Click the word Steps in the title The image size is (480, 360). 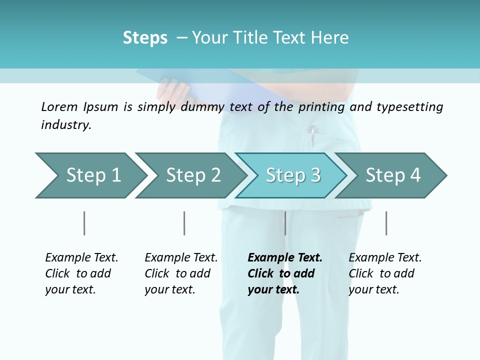point(145,38)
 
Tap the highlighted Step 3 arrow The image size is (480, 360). point(292,175)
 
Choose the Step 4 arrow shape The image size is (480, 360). point(393,175)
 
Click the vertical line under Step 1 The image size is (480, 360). point(84,223)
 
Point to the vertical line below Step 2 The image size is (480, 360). point(184,223)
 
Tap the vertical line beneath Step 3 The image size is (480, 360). point(285,223)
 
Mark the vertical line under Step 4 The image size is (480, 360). point(386,223)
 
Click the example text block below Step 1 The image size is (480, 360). point(81,273)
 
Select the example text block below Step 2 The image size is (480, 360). point(181,273)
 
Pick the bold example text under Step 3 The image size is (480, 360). point(284,273)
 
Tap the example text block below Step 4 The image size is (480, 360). point(385,273)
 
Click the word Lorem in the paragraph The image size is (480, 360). point(59,106)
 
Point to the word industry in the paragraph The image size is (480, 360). point(66,125)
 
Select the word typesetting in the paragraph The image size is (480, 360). point(410,107)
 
